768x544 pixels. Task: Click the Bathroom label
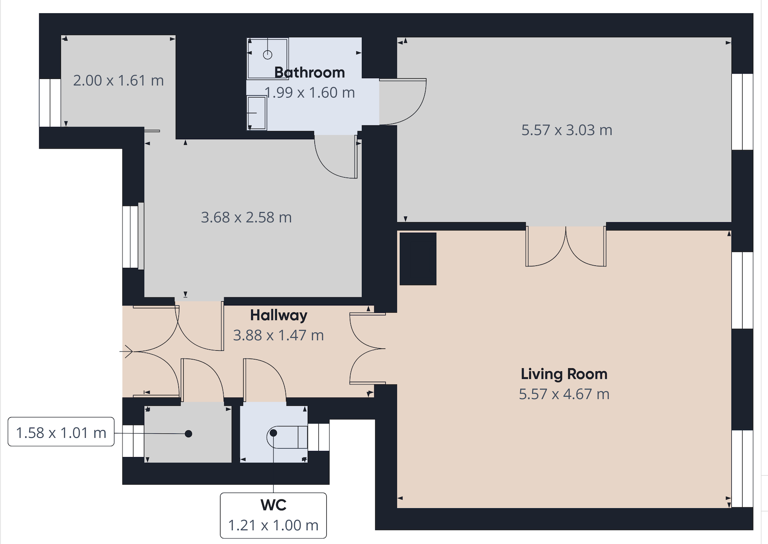tap(310, 72)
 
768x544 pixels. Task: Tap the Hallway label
tap(279, 315)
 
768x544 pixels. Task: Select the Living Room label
tap(564, 374)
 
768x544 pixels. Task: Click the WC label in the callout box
tap(273, 505)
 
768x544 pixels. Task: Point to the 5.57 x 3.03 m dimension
tap(566, 130)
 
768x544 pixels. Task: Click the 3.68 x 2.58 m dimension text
tap(246, 217)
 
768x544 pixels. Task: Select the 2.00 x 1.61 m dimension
tap(118, 80)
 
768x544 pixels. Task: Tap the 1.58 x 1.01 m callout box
tap(61, 432)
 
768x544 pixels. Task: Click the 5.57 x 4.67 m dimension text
tap(564, 394)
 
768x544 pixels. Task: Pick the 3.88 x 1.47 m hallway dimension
tap(278, 335)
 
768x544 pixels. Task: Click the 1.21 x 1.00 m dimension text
tap(273, 525)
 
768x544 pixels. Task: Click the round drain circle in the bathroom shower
tap(268, 55)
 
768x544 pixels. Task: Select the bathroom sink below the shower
tap(257, 113)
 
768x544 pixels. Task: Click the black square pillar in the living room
tap(418, 259)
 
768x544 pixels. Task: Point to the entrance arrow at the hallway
tap(126, 351)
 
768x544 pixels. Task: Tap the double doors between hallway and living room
tap(367, 349)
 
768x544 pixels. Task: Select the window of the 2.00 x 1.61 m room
tap(50, 103)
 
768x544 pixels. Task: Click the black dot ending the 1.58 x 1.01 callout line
tap(189, 434)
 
